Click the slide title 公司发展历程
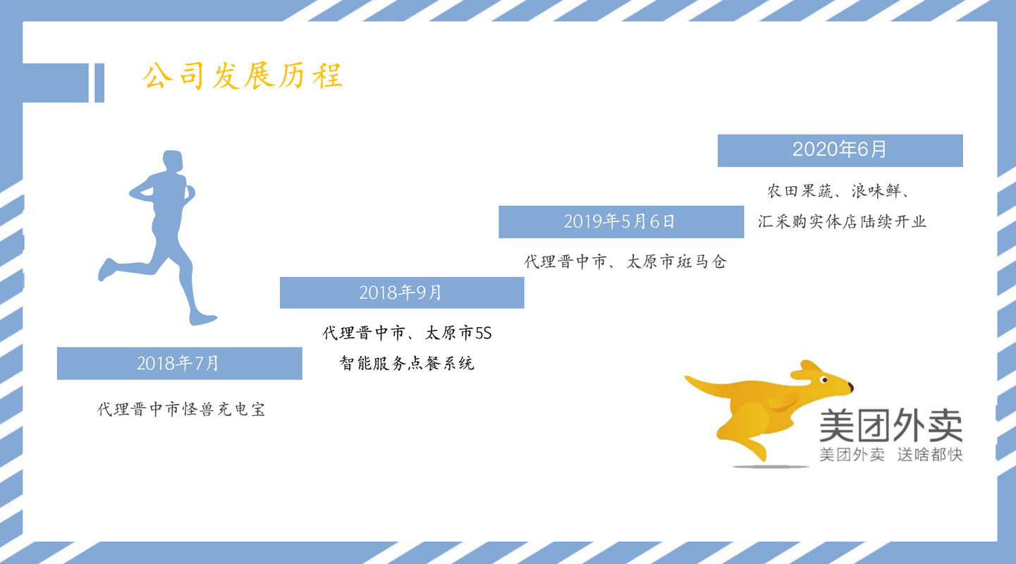[x=243, y=75]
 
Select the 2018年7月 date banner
[x=180, y=363]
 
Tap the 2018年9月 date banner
[x=402, y=293]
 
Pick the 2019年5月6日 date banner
[x=621, y=221]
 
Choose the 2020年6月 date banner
[x=840, y=151]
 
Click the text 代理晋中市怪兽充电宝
[x=181, y=410]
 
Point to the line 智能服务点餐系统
[x=407, y=363]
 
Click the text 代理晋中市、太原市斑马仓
[x=625, y=262]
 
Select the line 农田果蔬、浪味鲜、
[x=838, y=191]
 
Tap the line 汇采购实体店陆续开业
[x=842, y=221]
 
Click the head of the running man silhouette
[x=173, y=161]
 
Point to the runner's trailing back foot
[x=106, y=270]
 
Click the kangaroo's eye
[x=824, y=379]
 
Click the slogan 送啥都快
[x=930, y=455]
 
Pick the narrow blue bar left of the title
[x=99, y=83]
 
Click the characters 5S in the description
[x=483, y=333]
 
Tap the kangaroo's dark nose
[x=851, y=387]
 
